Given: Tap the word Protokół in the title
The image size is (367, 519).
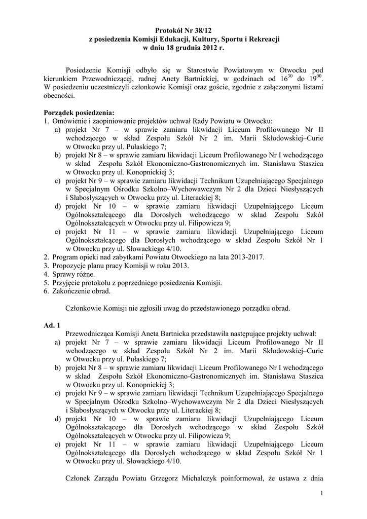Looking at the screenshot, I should click(169, 31).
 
